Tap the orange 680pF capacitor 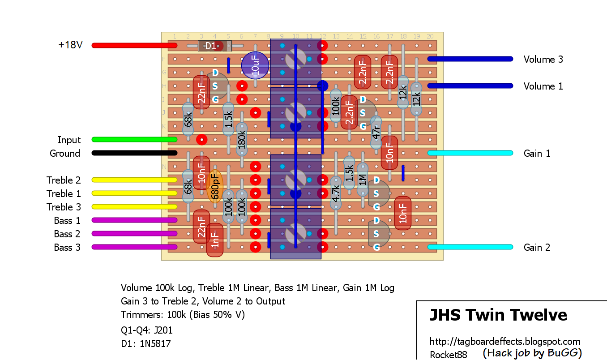[215, 186]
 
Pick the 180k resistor [242, 139]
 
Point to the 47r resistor [376, 133]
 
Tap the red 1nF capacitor [215, 240]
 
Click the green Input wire [134, 140]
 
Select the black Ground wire [134, 153]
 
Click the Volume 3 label [543, 59]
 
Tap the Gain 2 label [537, 247]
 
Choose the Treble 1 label [64, 193]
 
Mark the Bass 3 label [67, 247]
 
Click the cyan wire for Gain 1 [470, 153]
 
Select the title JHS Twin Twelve [498, 315]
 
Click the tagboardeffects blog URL [505, 342]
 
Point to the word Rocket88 [448, 355]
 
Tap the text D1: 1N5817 [145, 344]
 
